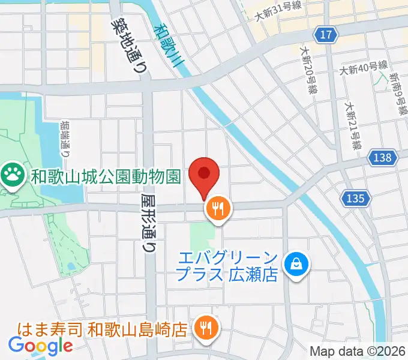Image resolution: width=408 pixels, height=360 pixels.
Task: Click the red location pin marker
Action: point(204,175)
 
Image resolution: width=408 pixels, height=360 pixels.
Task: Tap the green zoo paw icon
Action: point(11,176)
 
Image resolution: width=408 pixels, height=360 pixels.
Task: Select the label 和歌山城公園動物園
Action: point(106,176)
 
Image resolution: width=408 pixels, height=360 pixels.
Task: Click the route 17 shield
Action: point(325,35)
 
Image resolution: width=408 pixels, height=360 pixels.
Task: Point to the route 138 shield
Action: point(385,158)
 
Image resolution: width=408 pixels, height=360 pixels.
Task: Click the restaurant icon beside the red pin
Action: point(217,209)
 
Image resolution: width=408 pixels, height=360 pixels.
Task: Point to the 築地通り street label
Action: point(130,42)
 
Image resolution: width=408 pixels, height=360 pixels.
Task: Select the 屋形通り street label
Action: point(151,221)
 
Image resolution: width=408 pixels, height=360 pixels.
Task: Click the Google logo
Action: point(40,346)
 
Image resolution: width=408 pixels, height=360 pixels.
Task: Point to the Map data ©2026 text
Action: point(358,351)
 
